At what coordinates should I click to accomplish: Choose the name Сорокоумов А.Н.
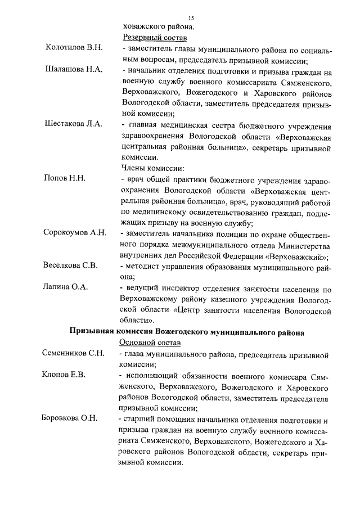coord(75,233)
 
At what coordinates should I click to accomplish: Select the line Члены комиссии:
coord(153,168)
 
